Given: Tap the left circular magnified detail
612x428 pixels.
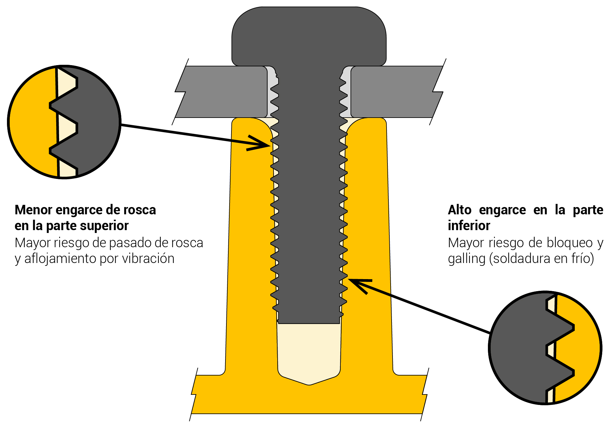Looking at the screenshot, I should pyautogui.click(x=64, y=122).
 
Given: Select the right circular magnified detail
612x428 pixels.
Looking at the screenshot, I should pyautogui.click(x=545, y=348).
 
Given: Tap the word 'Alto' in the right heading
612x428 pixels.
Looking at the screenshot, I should pyautogui.click(x=459, y=210).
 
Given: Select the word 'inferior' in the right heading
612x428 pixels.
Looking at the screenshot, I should pyautogui.click(x=469, y=226).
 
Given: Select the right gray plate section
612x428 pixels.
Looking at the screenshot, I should pyautogui.click(x=395, y=92).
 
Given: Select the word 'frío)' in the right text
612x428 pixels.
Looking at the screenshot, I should pyautogui.click(x=583, y=259).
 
